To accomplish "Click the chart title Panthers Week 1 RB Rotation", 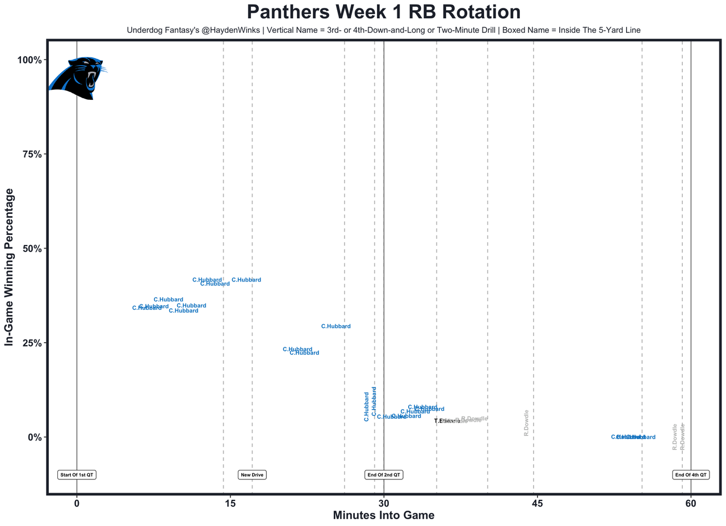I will pos(384,12).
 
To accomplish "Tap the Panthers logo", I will pos(77,78).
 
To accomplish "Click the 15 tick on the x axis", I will pos(230,503).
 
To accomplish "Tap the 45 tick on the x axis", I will pos(537,503).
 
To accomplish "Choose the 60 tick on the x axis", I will pos(690,503).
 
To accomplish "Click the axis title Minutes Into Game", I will pos(383,516).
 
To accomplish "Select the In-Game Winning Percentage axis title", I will pos(10,267).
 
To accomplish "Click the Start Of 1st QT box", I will pos(77,474).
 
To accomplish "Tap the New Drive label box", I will pos(252,474).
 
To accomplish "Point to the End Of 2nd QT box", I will pos(384,474).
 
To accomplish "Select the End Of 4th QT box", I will pos(690,474).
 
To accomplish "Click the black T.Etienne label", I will pos(447,421).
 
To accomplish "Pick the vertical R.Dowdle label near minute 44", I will pos(526,423).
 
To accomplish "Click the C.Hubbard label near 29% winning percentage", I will pos(336,326).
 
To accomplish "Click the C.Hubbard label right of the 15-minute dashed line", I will pos(246,280).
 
